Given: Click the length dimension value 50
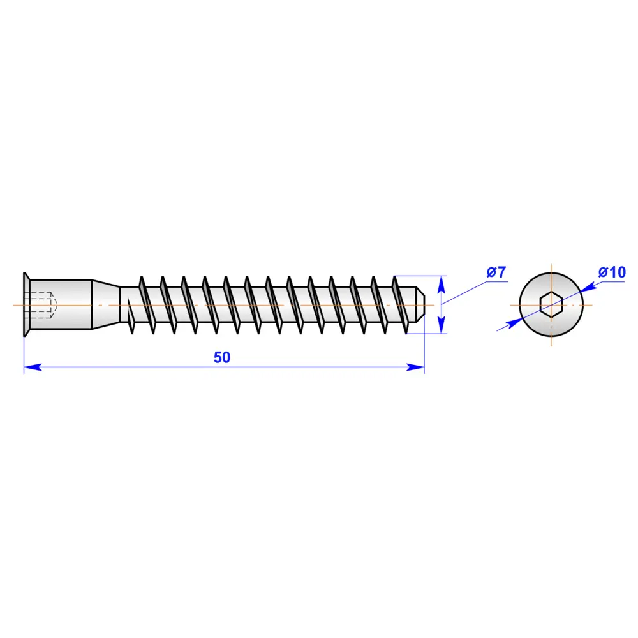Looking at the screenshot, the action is tap(222, 357).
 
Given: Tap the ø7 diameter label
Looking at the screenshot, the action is tap(496, 272).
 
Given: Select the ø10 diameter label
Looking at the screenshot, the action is tap(612, 272).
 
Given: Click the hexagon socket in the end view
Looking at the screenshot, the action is tap(551, 304).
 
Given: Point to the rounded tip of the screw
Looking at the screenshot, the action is tap(420, 305).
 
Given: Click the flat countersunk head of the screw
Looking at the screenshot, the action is tap(27, 304).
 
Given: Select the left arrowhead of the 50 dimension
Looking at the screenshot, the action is tap(33, 367).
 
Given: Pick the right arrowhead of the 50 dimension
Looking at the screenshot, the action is tap(415, 367).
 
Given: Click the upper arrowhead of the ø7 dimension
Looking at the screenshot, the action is tap(441, 284).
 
